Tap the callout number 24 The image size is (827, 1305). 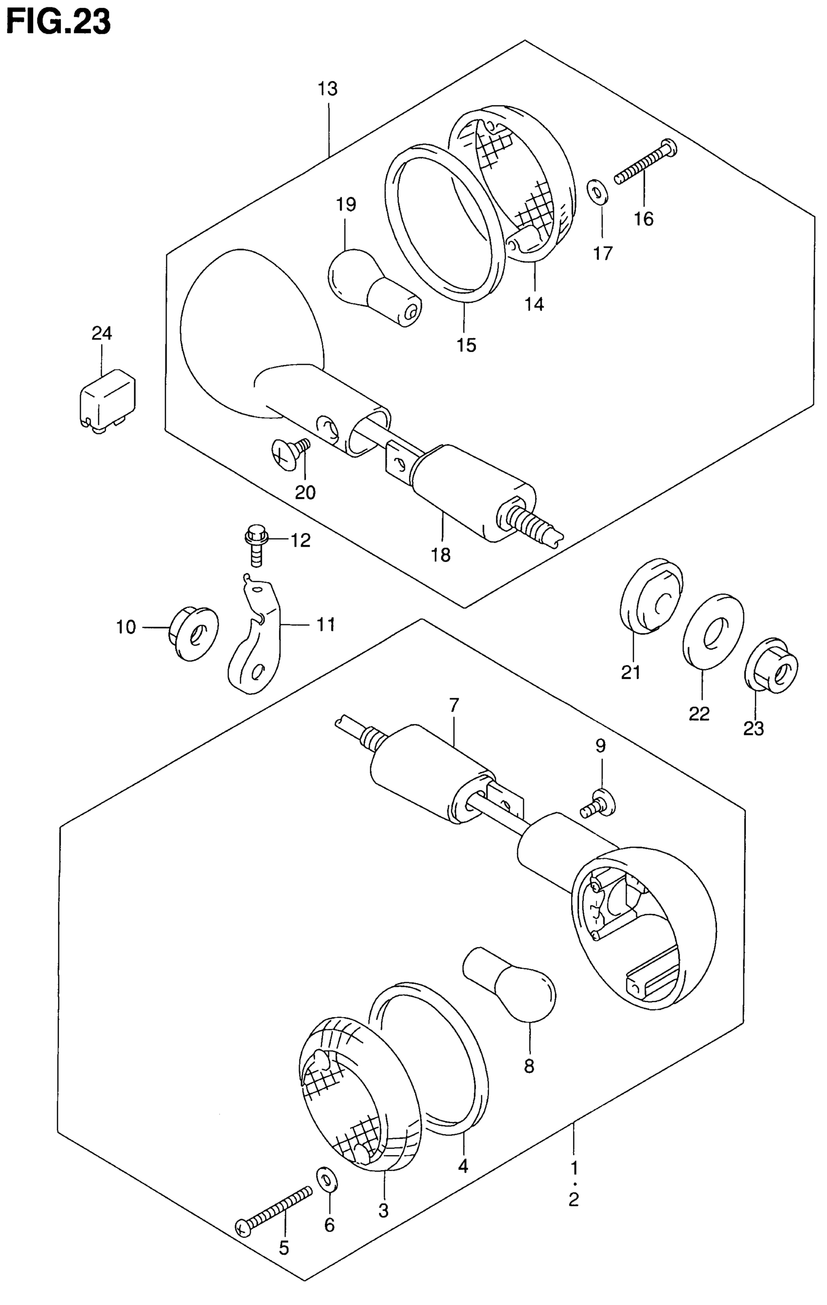pyautogui.click(x=101, y=333)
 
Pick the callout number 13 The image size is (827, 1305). pyautogui.click(x=328, y=89)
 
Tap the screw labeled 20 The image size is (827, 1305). pyautogui.click(x=290, y=449)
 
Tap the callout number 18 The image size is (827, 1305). pyautogui.click(x=441, y=555)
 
